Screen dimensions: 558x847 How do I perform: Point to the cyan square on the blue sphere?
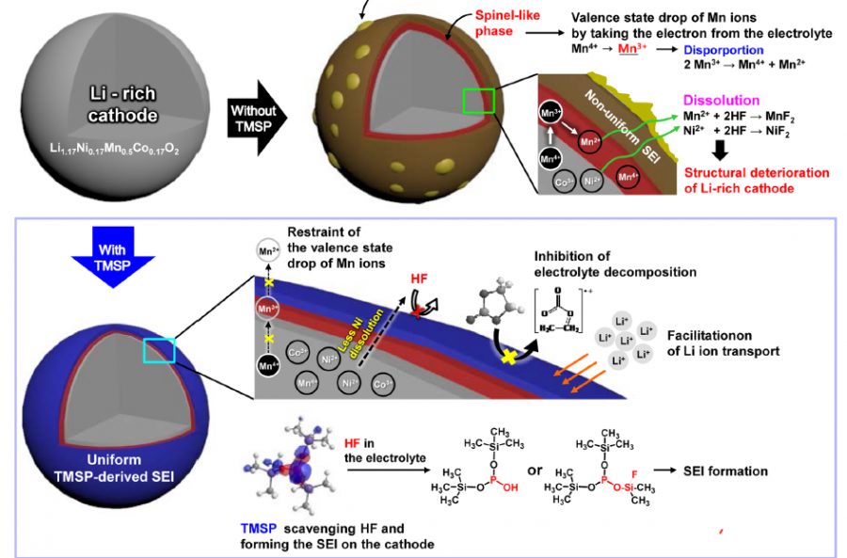pos(157,350)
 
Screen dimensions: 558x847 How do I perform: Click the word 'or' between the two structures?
pos(535,470)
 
